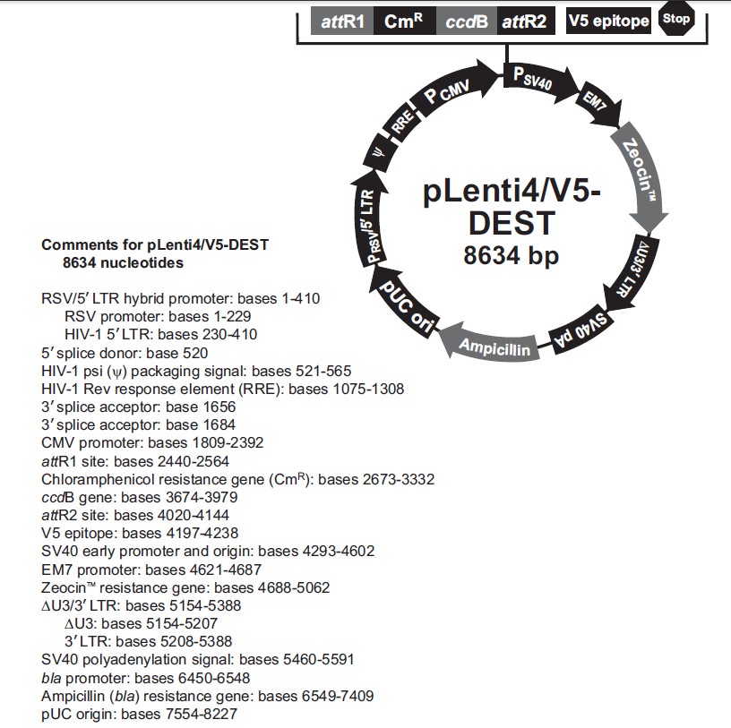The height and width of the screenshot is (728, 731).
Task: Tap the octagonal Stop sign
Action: (x=676, y=19)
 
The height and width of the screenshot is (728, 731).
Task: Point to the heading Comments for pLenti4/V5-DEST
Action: (x=155, y=244)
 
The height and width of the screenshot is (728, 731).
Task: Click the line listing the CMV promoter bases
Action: (x=152, y=442)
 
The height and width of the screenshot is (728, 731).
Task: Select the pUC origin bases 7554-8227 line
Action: (x=139, y=714)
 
